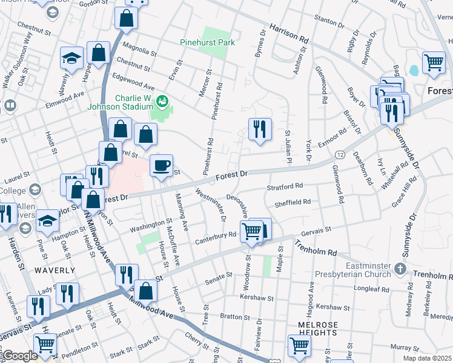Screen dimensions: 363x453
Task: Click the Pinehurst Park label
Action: point(207,43)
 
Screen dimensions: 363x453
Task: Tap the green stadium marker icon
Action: point(162,100)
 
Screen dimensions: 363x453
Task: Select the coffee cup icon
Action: point(161,166)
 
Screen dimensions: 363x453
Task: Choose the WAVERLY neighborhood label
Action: point(55,270)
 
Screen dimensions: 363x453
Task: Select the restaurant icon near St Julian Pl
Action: point(259,129)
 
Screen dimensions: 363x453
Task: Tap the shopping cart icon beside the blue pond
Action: point(434,62)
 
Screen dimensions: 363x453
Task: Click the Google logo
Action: point(20,356)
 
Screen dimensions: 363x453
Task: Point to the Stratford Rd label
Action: point(284,188)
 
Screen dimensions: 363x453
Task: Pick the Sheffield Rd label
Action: point(294,203)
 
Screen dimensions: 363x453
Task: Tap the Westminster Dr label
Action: point(211,205)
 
